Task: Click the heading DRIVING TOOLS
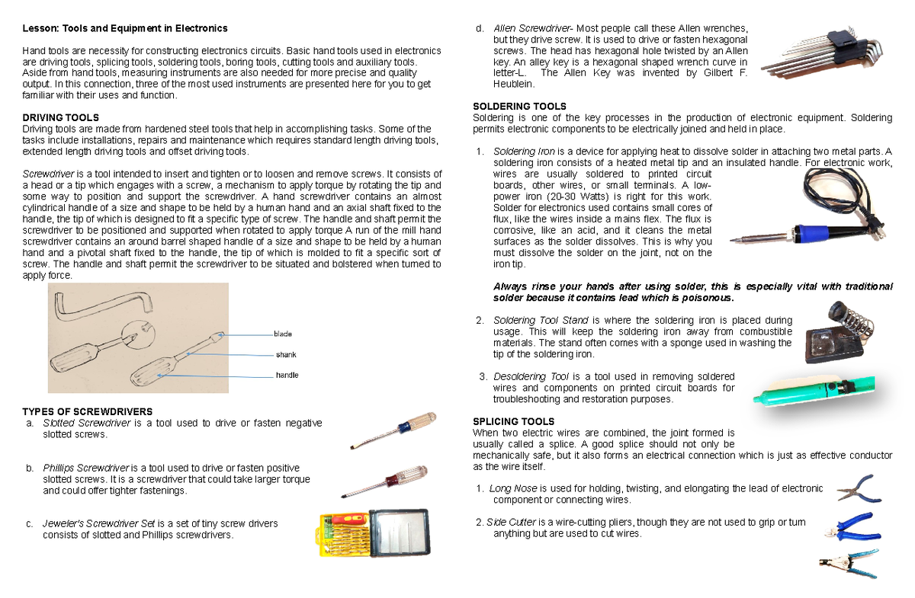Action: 61,118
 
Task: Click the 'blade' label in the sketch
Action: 283,334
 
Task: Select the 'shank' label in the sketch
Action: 285,355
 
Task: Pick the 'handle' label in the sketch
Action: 286,375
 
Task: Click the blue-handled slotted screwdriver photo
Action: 393,430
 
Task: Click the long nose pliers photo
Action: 859,488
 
